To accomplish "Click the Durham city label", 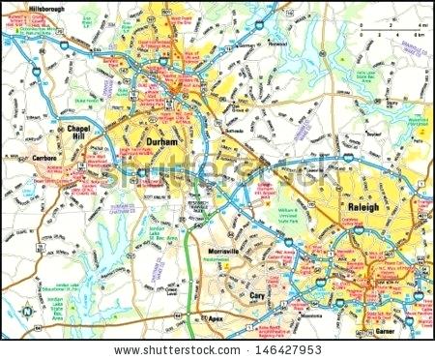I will click(159, 141).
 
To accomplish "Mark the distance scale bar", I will click(392, 35).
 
